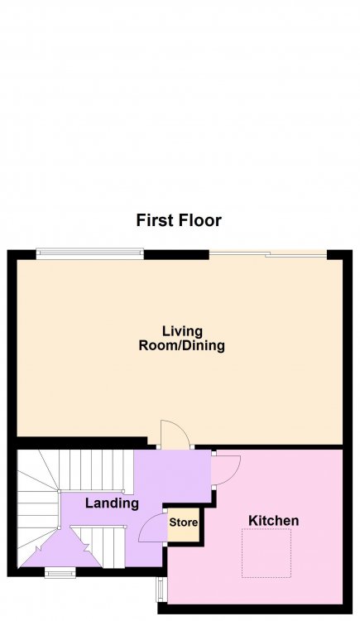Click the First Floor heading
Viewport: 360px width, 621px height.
pyautogui.click(x=179, y=220)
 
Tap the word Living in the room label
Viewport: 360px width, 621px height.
pyautogui.click(x=182, y=331)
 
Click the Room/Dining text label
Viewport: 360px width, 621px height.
pyautogui.click(x=182, y=345)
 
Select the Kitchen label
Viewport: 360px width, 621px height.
pyautogui.click(x=273, y=521)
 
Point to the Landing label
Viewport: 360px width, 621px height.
pyautogui.click(x=112, y=503)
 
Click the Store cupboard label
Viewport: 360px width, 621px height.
pyautogui.click(x=184, y=522)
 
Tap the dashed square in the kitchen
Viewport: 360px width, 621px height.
pyautogui.click(x=266, y=553)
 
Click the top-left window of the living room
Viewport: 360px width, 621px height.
pyautogui.click(x=89, y=254)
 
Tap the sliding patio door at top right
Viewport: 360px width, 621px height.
pyautogui.click(x=268, y=254)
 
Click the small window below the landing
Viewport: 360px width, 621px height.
pyautogui.click(x=60, y=573)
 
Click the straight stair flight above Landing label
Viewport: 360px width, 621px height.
pyautogui.click(x=95, y=472)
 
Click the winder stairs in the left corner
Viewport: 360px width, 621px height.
pyautogui.click(x=37, y=508)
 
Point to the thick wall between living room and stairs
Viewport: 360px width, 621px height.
pyautogui.click(x=82, y=442)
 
